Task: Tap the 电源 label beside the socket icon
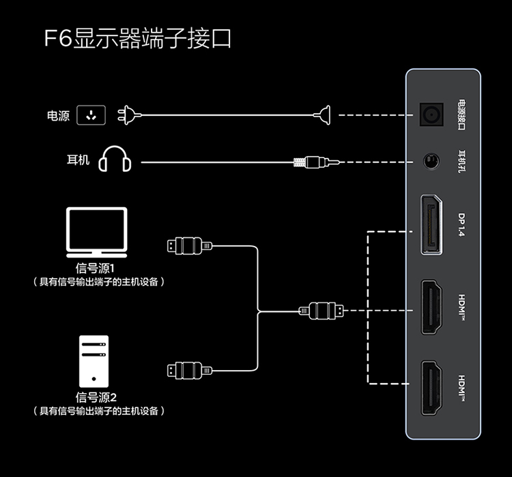coord(58,116)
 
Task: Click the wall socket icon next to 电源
coord(92,116)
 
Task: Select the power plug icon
coord(129,115)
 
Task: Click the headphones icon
coord(115,159)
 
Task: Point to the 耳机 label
coord(78,161)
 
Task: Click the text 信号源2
coord(96,397)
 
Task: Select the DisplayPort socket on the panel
coord(431,224)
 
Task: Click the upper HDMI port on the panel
coord(431,307)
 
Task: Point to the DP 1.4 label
coord(461,225)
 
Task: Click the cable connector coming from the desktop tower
coord(186,370)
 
